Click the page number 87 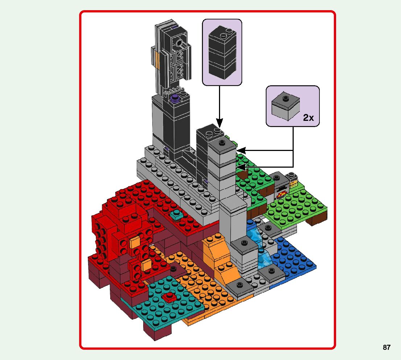pyautogui.click(x=386, y=347)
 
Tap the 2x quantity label pyautogui.click(x=308, y=118)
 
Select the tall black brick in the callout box pyautogui.click(x=222, y=52)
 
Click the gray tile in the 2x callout pyautogui.click(x=285, y=105)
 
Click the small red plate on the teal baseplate pyautogui.click(x=169, y=297)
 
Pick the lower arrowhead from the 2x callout pyautogui.click(x=241, y=167)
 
